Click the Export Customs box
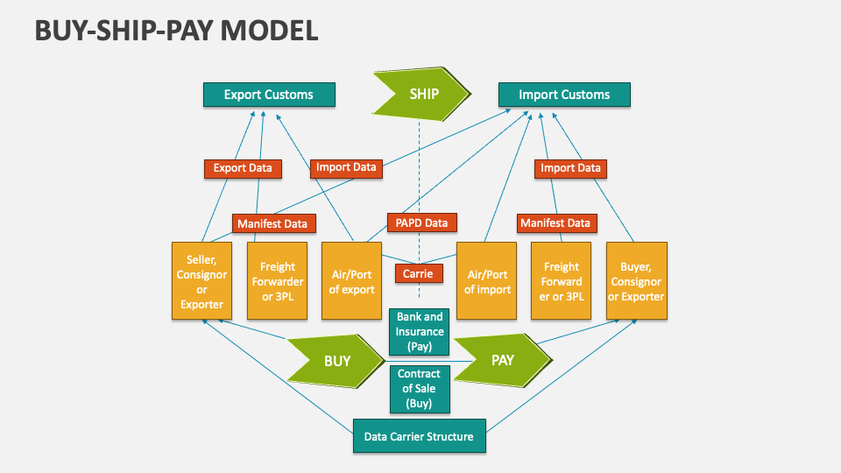(x=269, y=95)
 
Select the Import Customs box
(x=564, y=95)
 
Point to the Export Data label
(x=243, y=168)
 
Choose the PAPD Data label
(x=422, y=223)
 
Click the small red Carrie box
(x=419, y=274)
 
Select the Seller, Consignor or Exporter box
(x=201, y=281)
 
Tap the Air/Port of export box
(x=351, y=281)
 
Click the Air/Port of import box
(x=487, y=281)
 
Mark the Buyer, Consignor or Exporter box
(x=636, y=281)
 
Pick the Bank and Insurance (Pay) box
(x=420, y=332)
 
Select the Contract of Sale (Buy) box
(x=420, y=389)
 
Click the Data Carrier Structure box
(x=419, y=436)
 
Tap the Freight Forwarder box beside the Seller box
(x=277, y=281)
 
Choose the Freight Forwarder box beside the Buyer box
(x=562, y=281)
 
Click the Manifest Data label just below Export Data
(x=273, y=223)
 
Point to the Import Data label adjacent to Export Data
(x=346, y=167)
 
